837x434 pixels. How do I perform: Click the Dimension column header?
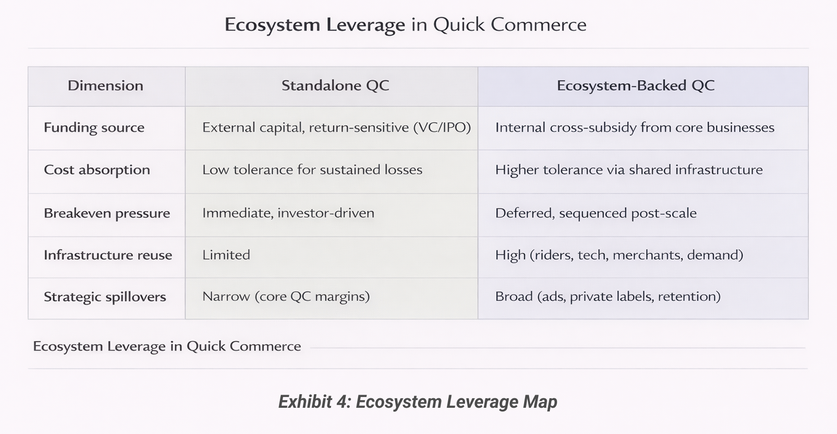[105, 86]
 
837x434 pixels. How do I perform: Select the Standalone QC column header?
[335, 86]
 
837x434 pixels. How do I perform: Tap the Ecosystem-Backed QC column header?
[635, 86]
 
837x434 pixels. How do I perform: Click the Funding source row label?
[94, 128]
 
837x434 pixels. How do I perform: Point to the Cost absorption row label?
[97, 170]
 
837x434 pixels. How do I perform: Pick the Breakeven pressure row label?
[107, 213]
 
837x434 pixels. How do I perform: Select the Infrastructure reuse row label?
[107, 255]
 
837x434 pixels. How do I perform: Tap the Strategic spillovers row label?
[105, 297]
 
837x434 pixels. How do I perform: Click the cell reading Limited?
[226, 255]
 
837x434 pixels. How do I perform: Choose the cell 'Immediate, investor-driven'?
[288, 213]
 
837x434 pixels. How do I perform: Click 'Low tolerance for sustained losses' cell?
[312, 170]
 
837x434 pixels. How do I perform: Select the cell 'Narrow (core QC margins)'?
[286, 297]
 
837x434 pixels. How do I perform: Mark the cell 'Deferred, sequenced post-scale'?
[595, 213]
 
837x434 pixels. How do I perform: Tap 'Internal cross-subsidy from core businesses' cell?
[634, 127]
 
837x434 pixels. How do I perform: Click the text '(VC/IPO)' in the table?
[442, 127]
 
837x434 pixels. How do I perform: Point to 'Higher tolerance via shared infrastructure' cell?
[628, 170]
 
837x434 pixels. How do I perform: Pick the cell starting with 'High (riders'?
[619, 255]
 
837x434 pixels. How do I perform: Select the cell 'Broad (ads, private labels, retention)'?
[608, 297]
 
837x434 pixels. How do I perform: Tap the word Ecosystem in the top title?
[272, 25]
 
